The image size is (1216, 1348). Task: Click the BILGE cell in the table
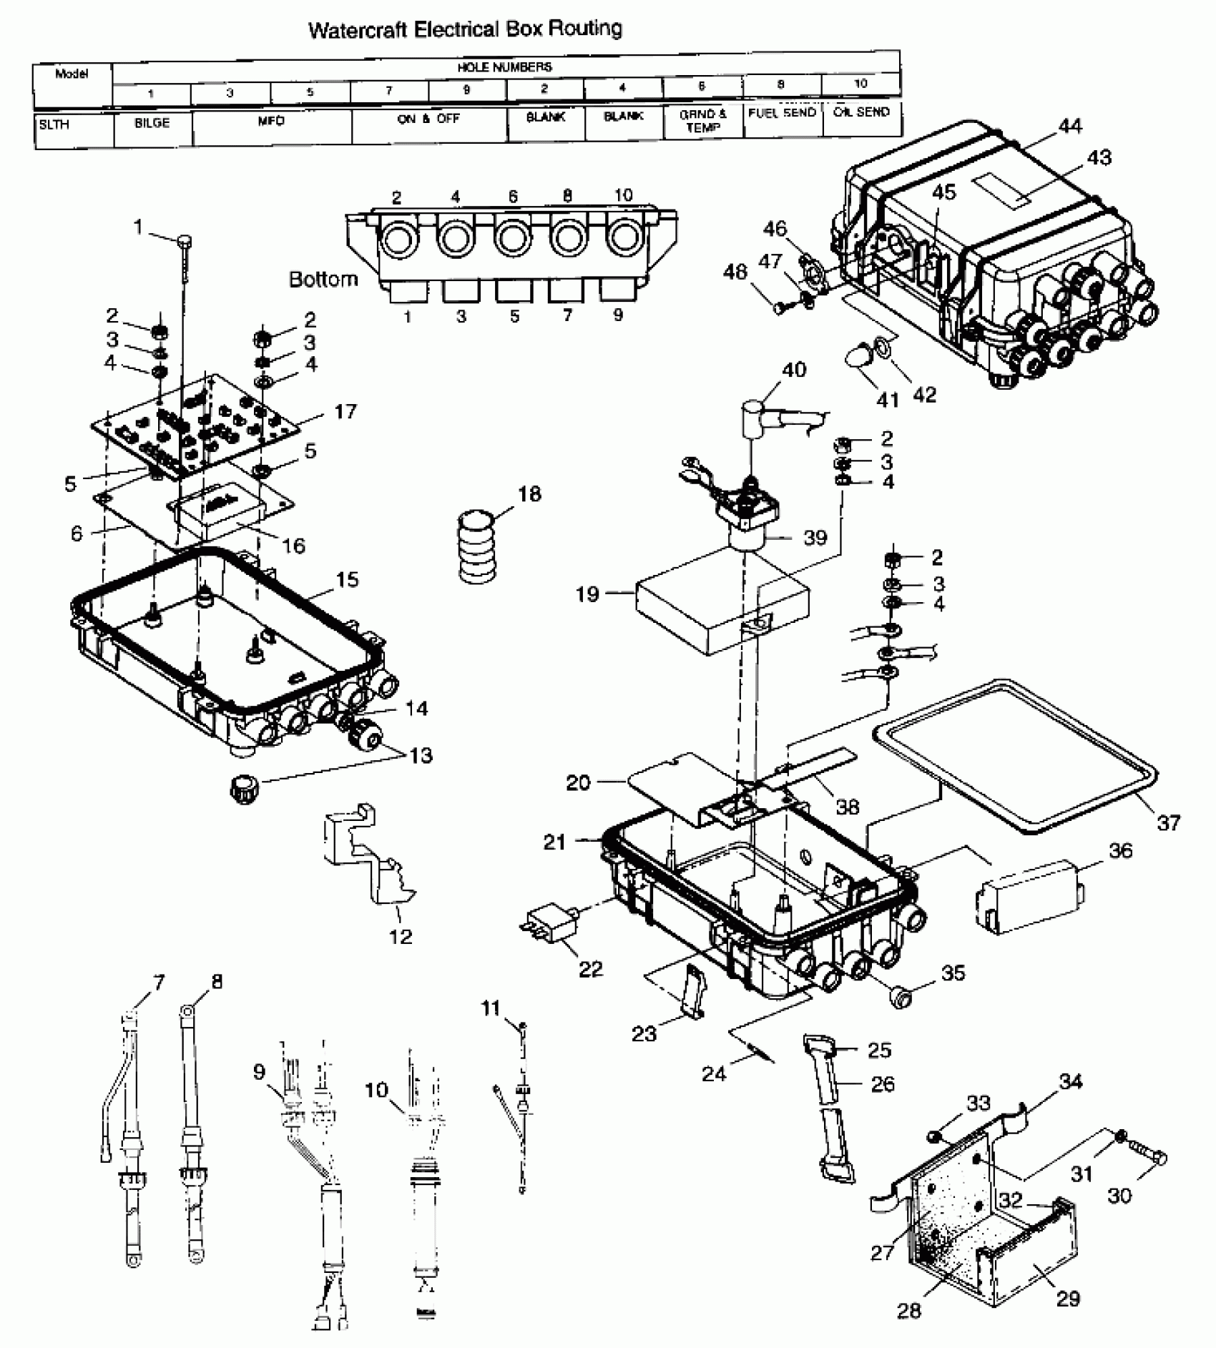tap(152, 124)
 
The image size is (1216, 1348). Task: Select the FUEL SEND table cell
tap(782, 114)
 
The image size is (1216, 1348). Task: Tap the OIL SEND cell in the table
tap(861, 113)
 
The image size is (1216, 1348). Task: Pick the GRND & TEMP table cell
tap(702, 121)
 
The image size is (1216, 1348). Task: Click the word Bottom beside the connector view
tap(323, 279)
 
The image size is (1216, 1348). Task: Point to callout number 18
tap(529, 494)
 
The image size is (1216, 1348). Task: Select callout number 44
tap(1070, 127)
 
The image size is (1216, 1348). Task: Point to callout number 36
tap(1120, 851)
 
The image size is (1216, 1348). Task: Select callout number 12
tap(401, 936)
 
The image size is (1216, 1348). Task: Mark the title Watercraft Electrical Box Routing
tap(465, 29)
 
